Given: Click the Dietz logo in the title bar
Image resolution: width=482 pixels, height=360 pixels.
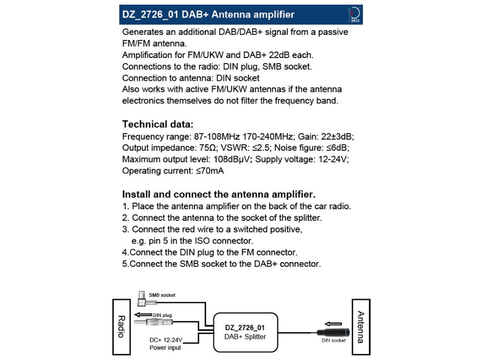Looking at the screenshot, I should [355, 15].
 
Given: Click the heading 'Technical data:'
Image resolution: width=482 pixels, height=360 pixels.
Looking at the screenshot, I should [158, 124].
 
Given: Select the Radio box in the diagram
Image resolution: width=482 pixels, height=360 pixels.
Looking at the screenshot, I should [121, 327].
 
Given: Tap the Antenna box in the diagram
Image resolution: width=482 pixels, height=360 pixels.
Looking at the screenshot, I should [361, 327].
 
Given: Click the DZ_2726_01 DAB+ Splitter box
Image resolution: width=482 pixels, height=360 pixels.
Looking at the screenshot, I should [245, 332].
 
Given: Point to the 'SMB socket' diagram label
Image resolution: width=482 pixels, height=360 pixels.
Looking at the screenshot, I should [162, 295].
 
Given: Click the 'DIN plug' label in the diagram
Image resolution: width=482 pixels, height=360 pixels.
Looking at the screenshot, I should [162, 315].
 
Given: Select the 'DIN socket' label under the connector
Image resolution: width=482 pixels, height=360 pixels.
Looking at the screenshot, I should [334, 340].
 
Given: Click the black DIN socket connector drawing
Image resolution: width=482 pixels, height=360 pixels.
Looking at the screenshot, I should [331, 332].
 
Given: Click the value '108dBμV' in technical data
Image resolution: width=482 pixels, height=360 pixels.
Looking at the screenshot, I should [230, 159].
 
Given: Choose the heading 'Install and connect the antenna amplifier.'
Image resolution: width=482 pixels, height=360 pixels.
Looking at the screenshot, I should [219, 194].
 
